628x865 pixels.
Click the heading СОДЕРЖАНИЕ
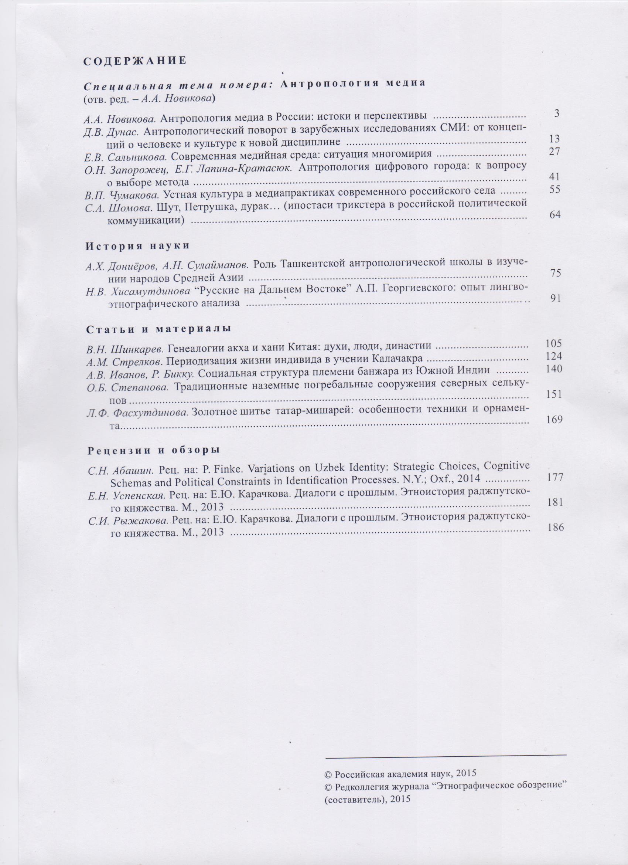click(x=135, y=61)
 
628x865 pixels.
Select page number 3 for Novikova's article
click(x=556, y=113)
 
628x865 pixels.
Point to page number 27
click(x=554, y=152)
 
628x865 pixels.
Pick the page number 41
click(x=554, y=177)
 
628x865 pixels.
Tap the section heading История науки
click(x=137, y=246)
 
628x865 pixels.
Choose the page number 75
click(x=555, y=273)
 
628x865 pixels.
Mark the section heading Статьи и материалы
click(x=158, y=329)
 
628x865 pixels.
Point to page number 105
click(x=554, y=343)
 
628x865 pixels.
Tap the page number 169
click(x=554, y=420)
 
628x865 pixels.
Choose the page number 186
click(x=555, y=528)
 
